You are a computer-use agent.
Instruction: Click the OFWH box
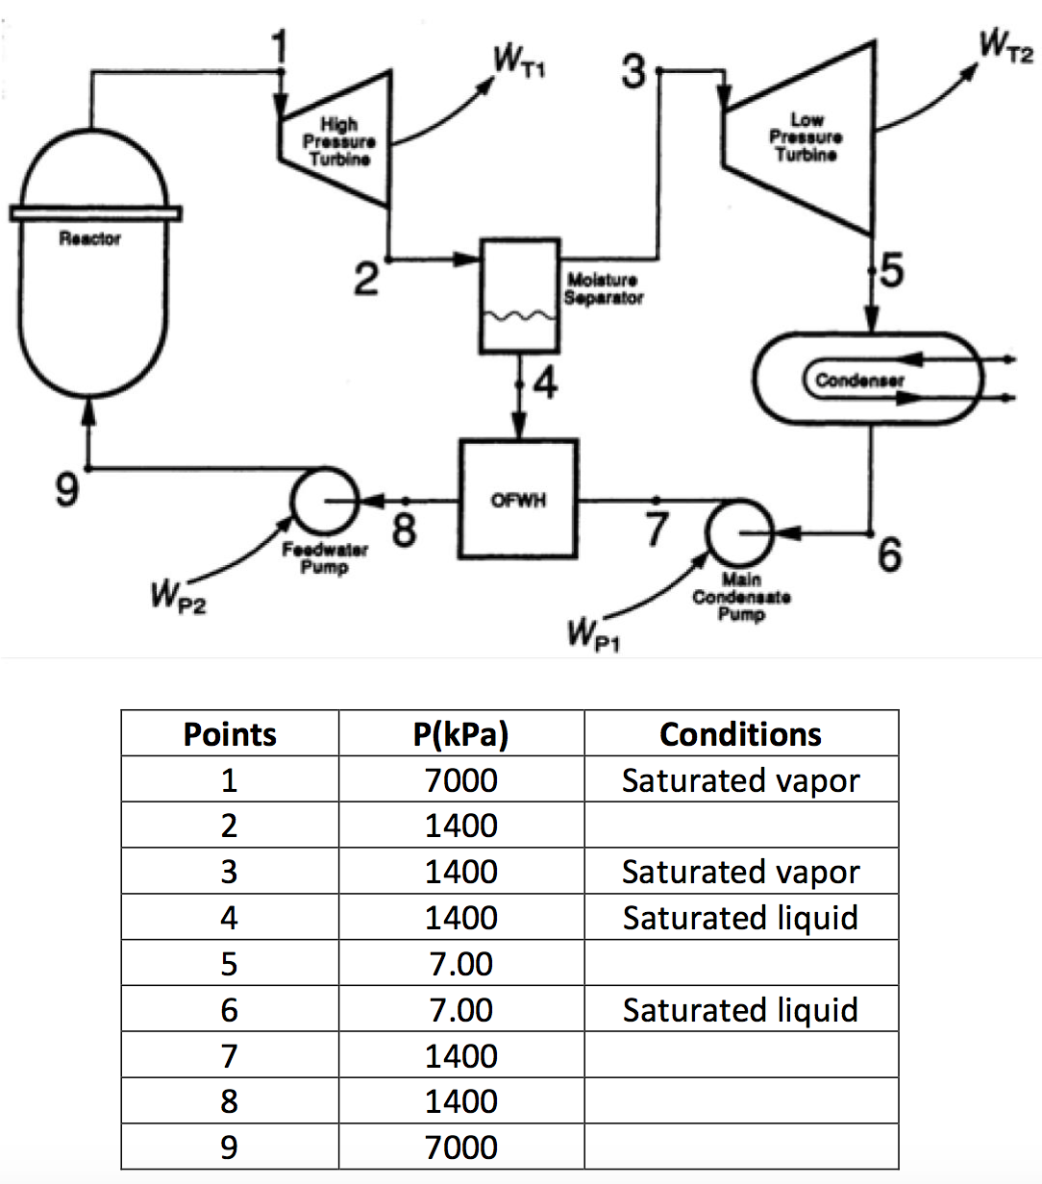[x=519, y=500]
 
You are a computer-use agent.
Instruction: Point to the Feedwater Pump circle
[x=324, y=501]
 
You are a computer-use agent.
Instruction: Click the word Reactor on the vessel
[x=90, y=238]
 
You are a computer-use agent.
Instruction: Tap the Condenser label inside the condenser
[x=859, y=381]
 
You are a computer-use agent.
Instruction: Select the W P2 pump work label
[x=176, y=598]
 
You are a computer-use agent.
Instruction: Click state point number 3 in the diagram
[x=633, y=71]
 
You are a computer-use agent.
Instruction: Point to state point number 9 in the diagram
[x=64, y=490]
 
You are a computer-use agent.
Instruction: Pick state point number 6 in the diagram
[x=890, y=554]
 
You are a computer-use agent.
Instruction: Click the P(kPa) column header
[x=460, y=734]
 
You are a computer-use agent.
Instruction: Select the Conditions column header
[x=740, y=734]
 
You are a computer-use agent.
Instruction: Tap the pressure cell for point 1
[x=460, y=779]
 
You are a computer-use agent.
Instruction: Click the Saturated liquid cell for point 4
[x=740, y=918]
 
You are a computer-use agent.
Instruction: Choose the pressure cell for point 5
[x=460, y=964]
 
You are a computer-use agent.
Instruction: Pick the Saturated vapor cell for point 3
[x=740, y=872]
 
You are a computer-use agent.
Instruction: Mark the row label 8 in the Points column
[x=229, y=1101]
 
